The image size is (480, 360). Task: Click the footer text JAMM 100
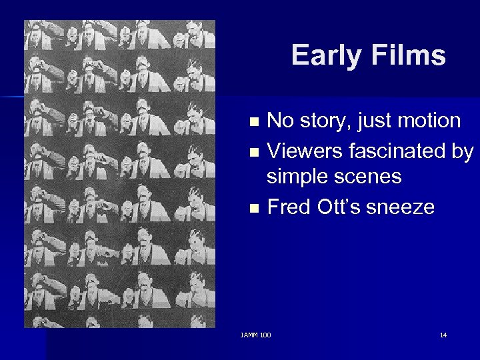coord(256,334)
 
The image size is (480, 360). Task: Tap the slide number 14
coord(443,334)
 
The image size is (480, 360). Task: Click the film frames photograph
coord(120,173)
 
